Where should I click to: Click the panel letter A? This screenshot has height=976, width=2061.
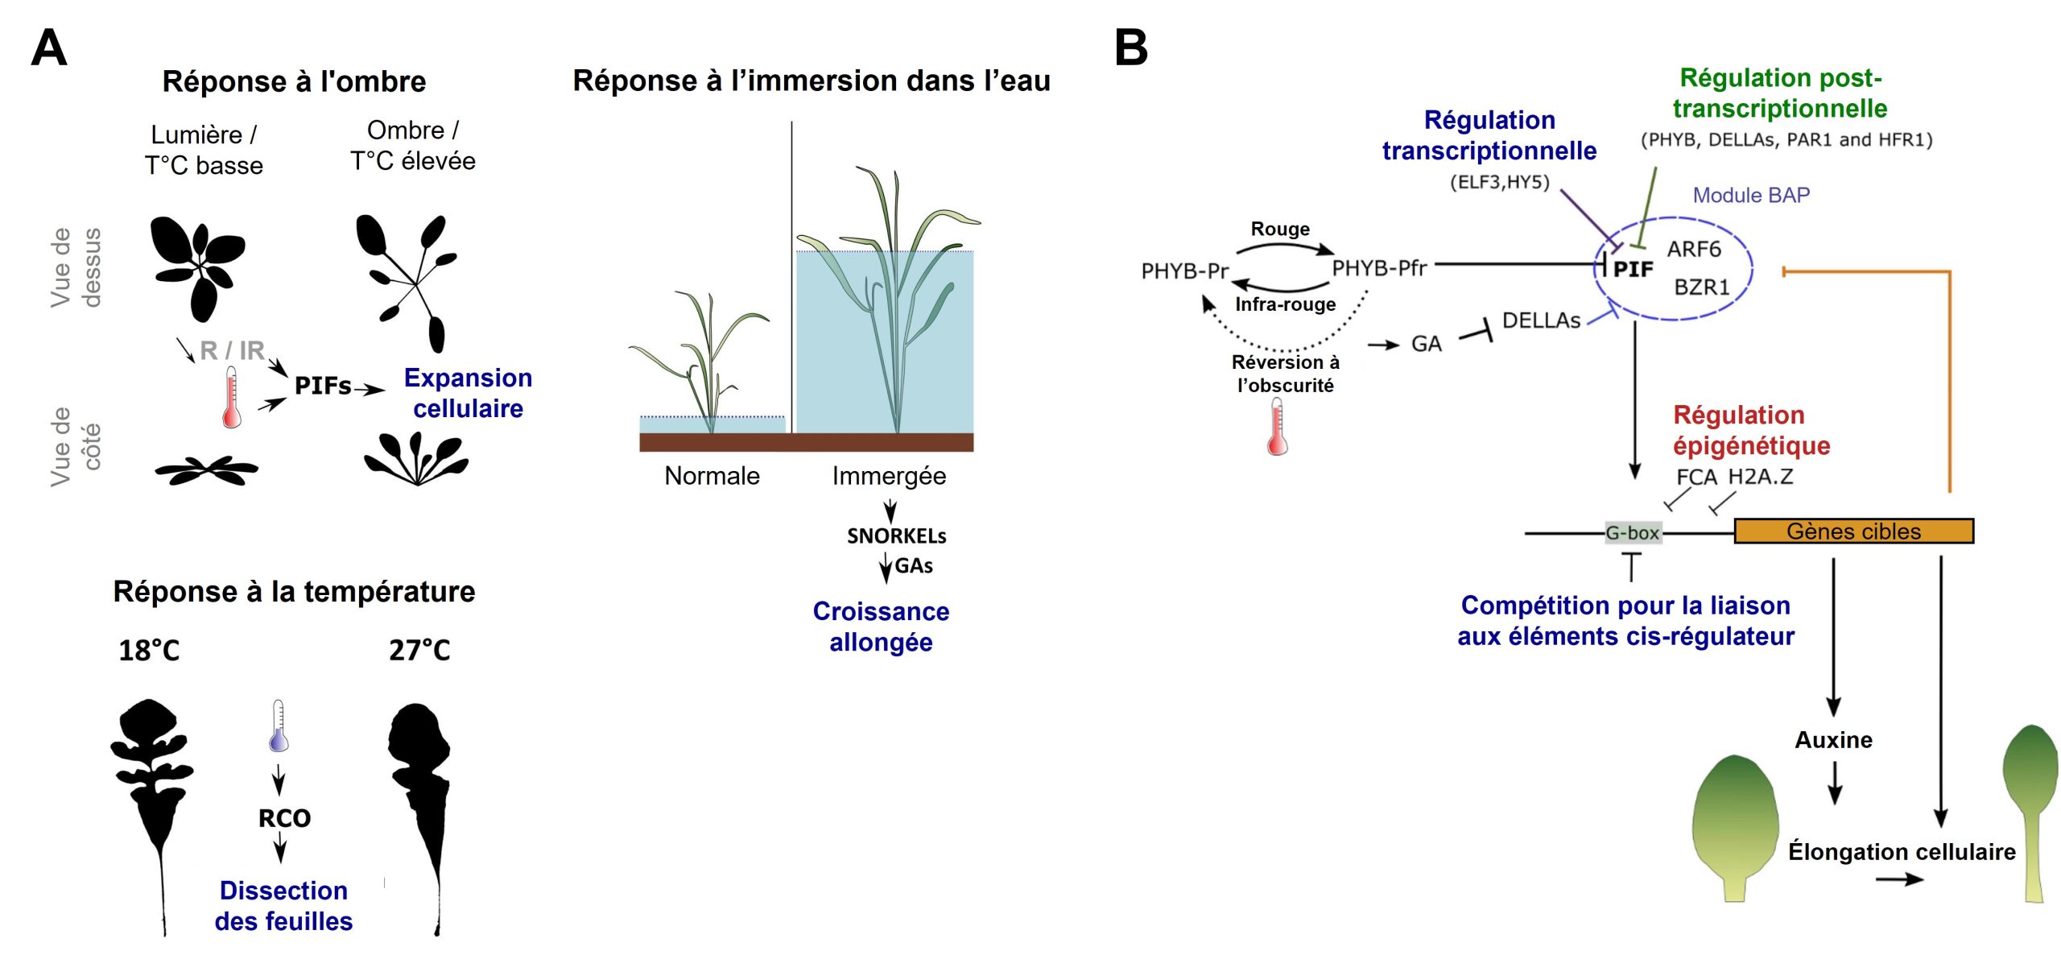click(x=48, y=48)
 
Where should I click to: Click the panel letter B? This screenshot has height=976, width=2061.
click(x=1130, y=48)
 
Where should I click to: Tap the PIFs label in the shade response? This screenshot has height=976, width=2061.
click(x=323, y=386)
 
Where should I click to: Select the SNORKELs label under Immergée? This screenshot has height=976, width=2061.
click(x=896, y=536)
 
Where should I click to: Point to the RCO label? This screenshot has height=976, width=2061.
click(x=284, y=818)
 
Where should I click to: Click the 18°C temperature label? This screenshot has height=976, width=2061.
click(x=149, y=650)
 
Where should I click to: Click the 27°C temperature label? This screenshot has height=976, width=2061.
click(x=419, y=650)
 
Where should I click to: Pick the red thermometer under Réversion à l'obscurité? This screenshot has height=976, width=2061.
click(x=1277, y=428)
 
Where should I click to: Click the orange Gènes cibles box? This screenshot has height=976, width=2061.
click(x=1853, y=531)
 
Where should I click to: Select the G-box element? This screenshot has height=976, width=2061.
click(x=1633, y=533)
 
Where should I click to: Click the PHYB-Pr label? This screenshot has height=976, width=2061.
click(x=1184, y=271)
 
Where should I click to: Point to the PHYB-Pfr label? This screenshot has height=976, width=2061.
click(x=1379, y=267)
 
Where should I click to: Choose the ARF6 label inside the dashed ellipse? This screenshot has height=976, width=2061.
click(x=1694, y=249)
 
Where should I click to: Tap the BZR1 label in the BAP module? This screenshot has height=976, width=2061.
click(x=1702, y=287)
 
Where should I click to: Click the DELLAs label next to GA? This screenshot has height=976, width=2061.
click(x=1541, y=321)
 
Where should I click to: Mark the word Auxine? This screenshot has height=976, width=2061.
click(x=1833, y=740)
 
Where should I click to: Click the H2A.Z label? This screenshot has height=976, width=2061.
click(x=1761, y=476)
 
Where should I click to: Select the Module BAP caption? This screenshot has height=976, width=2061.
click(x=1751, y=195)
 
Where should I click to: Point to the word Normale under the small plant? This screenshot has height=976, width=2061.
click(x=712, y=476)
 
